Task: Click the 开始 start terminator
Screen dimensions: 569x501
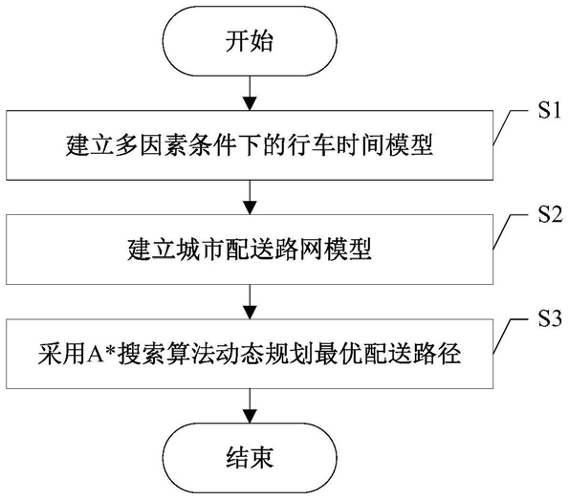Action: (250, 40)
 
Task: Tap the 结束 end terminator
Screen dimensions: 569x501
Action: (250, 458)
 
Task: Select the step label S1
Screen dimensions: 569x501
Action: (549, 110)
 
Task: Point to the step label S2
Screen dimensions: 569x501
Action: (550, 214)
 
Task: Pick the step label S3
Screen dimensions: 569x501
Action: (550, 318)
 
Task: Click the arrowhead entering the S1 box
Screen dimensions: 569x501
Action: (250, 104)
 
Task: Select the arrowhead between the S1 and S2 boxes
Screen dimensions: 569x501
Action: (250, 207)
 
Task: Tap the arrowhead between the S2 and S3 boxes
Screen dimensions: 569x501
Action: (250, 313)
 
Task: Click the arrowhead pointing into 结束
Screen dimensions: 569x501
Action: (250, 417)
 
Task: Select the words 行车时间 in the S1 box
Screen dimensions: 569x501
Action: (337, 145)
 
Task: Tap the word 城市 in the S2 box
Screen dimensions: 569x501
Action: (201, 250)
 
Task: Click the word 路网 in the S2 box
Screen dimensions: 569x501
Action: (298, 250)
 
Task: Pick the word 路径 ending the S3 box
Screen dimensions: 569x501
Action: (437, 354)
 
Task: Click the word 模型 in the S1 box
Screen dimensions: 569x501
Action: (409, 145)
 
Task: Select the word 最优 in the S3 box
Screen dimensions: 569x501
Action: (339, 354)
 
